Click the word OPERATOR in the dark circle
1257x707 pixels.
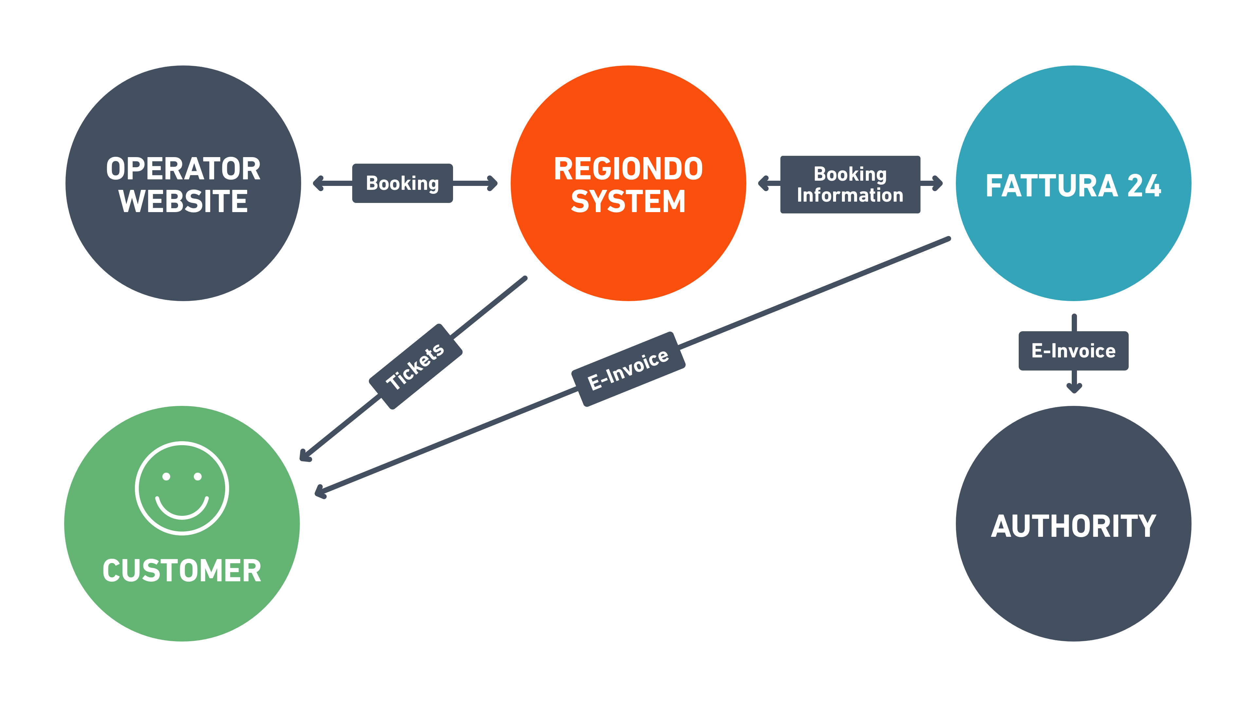[x=183, y=169]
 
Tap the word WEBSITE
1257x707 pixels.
[x=183, y=201]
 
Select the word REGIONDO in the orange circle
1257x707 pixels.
[x=628, y=169]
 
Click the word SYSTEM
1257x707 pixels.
[x=628, y=201]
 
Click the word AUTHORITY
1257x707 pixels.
[x=1074, y=526]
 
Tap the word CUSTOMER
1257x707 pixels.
[x=182, y=571]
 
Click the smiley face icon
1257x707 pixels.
[x=182, y=488]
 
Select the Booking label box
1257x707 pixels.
[x=403, y=183]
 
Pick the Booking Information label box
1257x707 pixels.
[x=850, y=184]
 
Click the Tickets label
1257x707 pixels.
[x=415, y=367]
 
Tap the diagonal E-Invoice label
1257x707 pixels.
[x=628, y=369]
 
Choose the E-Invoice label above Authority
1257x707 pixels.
[x=1074, y=351]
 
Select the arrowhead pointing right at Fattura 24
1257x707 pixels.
[x=938, y=183]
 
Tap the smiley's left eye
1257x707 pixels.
[x=166, y=477]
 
